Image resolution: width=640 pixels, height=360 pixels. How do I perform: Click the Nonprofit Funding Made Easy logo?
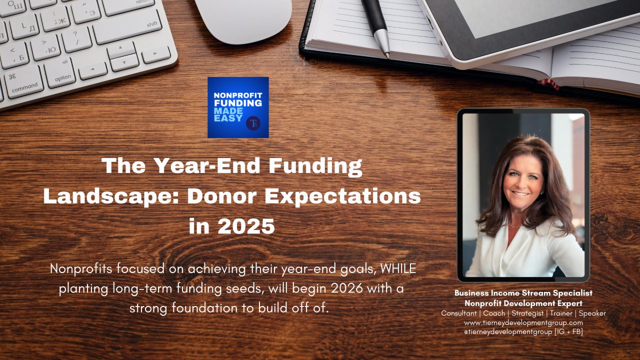click(x=238, y=107)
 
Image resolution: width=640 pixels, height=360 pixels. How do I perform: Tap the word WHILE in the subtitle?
click(x=398, y=268)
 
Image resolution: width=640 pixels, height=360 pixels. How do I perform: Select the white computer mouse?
click(x=244, y=20)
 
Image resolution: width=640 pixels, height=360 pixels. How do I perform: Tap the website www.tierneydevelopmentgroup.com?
click(x=523, y=323)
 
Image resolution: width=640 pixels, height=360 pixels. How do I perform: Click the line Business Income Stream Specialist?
click(x=523, y=293)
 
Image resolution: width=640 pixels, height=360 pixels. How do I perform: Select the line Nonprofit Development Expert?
click(x=523, y=303)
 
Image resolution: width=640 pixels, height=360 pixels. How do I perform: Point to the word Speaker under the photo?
click(x=591, y=313)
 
